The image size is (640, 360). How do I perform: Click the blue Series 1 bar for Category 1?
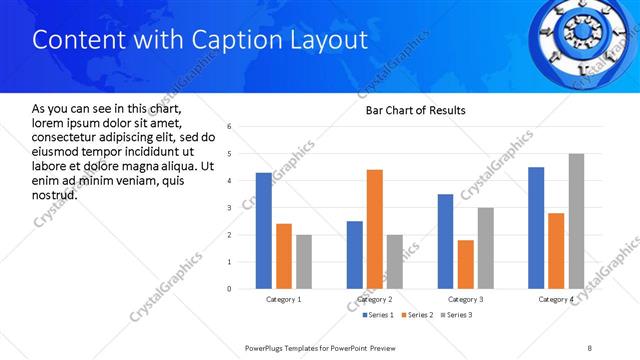click(x=263, y=231)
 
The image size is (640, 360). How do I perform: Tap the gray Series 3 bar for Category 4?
click(x=576, y=221)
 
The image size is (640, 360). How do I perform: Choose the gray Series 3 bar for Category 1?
click(x=303, y=262)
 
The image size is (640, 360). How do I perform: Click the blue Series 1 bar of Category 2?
click(x=355, y=255)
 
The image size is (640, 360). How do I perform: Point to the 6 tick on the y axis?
click(x=230, y=127)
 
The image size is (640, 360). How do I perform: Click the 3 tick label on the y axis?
click(x=230, y=208)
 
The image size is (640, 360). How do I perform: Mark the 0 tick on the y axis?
click(x=230, y=289)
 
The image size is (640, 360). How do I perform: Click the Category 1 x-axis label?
click(x=283, y=299)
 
